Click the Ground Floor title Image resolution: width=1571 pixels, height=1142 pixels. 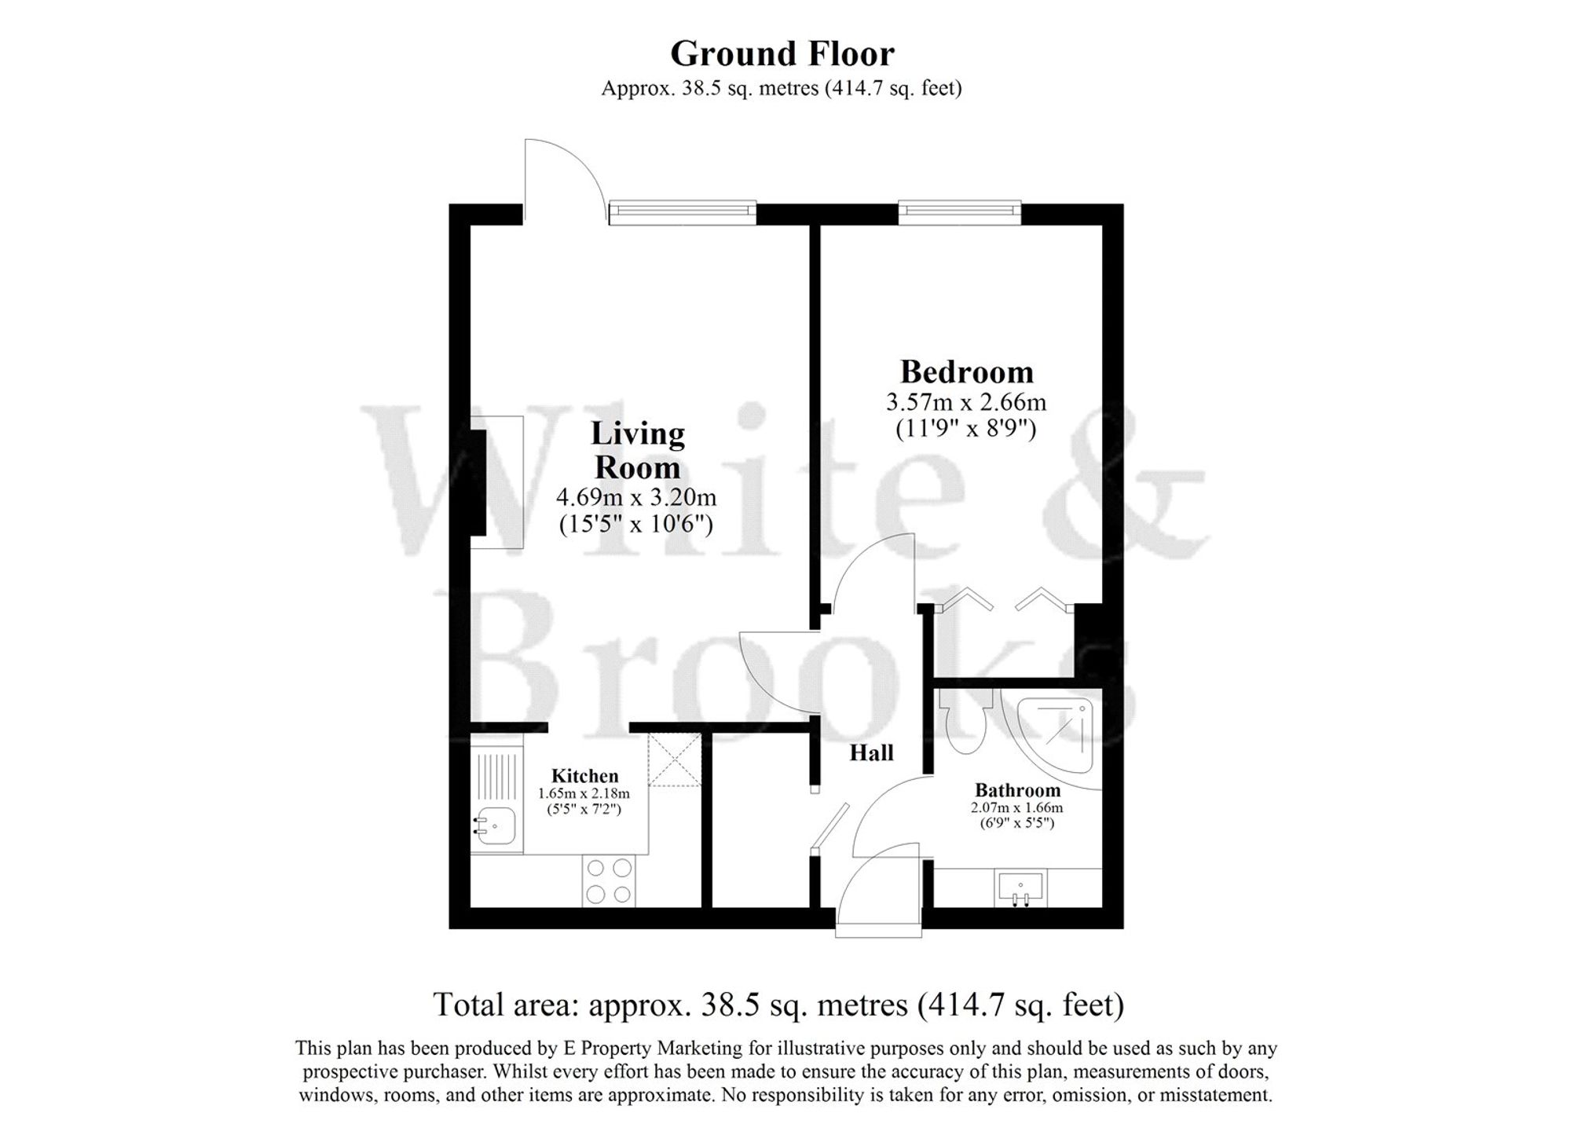(782, 54)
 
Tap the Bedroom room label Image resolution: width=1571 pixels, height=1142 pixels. (966, 372)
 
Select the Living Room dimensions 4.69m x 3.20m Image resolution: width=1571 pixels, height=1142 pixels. (636, 497)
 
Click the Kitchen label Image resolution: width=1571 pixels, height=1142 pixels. (584, 776)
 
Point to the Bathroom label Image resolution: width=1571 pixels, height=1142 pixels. (1017, 790)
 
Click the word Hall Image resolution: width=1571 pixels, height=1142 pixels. (871, 753)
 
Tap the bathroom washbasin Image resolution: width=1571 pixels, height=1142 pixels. (1020, 888)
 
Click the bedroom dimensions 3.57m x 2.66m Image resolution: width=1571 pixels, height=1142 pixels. (966, 403)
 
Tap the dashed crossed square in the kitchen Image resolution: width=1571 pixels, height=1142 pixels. (674, 760)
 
